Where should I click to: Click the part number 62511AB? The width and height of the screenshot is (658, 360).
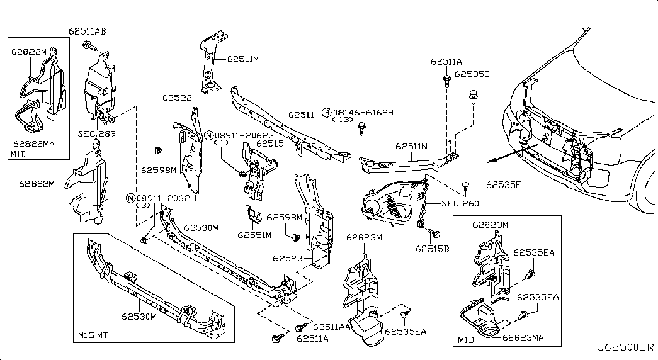point(87,30)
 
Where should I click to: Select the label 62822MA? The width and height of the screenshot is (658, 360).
point(33,143)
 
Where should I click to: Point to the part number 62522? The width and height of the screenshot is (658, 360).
point(177,98)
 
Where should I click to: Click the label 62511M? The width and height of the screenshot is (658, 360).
point(242,59)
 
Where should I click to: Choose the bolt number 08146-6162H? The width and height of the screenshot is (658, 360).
point(363,112)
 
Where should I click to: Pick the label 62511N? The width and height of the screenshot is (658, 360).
point(411,146)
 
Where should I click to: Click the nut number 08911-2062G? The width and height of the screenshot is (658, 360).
point(244,135)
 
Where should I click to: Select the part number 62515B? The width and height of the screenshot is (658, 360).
point(432,249)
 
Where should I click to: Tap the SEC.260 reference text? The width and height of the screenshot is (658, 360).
point(460,203)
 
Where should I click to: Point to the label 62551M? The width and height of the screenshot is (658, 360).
point(254,235)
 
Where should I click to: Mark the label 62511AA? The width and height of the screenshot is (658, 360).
point(331,327)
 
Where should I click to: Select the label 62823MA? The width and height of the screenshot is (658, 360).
point(523,338)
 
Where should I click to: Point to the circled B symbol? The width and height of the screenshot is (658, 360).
point(326,112)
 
